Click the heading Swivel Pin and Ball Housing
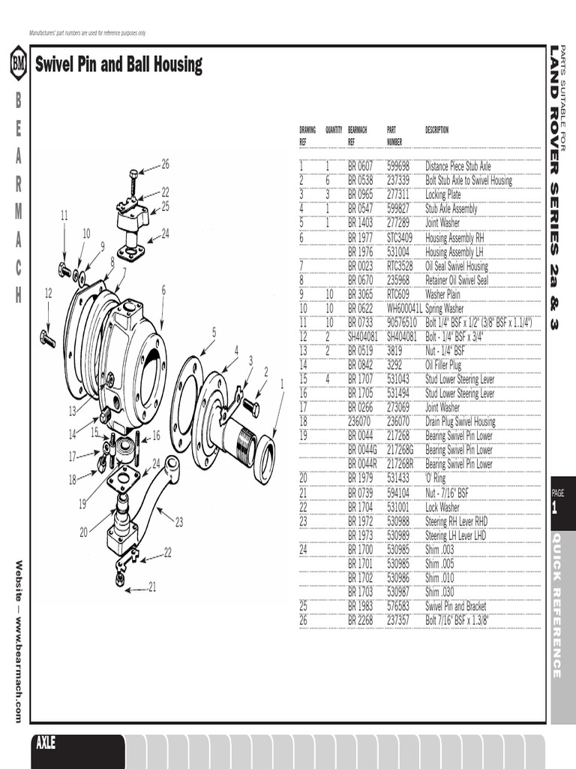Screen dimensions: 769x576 coord(118,65)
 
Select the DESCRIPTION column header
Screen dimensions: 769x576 coord(436,130)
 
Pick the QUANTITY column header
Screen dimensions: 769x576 coord(334,130)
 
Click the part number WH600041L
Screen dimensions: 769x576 coord(403,308)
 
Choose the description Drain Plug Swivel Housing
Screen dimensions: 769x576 coord(460,421)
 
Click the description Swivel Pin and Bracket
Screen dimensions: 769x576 coord(455,606)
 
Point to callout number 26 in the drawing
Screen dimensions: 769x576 coord(165,164)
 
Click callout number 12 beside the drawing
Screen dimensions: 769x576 coord(48,293)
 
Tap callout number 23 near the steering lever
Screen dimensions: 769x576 coord(178,520)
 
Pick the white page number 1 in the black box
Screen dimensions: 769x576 coord(555,508)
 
